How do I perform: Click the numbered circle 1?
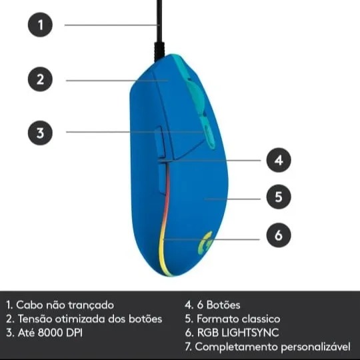(40, 25)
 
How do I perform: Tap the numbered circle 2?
(40, 79)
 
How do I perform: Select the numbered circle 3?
(40, 133)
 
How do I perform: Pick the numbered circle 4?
(279, 160)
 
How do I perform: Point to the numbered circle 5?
(279, 197)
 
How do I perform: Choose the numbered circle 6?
(279, 235)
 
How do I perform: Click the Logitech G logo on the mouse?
(205, 243)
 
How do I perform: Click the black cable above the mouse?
(159, 30)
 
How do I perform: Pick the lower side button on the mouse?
(163, 178)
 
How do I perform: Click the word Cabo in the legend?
(29, 305)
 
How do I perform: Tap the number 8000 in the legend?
(50, 332)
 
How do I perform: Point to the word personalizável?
(316, 347)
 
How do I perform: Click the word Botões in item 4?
(223, 305)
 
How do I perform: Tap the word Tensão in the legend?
(35, 319)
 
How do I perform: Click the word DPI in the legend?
(74, 332)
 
